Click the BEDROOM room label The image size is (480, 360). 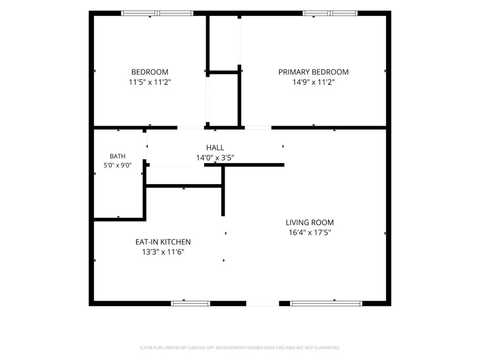tap(150, 72)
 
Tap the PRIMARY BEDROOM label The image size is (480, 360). tap(313, 72)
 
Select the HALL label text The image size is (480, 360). tap(215, 148)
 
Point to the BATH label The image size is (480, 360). tap(118, 156)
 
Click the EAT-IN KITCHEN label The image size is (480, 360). tap(163, 242)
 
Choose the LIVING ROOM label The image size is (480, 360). tap(310, 222)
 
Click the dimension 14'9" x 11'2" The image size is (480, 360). tap(313, 82)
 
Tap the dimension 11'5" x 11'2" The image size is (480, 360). tap(150, 82)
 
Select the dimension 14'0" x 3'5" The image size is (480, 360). tap(215, 158)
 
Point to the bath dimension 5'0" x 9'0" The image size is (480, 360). tap(118, 165)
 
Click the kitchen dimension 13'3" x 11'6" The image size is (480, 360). tap(163, 252)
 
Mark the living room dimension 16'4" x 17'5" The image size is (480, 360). tap(310, 232)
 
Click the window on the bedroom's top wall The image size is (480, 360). tap(157, 13)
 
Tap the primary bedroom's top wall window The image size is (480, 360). tap(330, 13)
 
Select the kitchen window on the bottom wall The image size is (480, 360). tap(190, 303)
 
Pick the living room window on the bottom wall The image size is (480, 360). tap(326, 303)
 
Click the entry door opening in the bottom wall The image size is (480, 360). tap(263, 303)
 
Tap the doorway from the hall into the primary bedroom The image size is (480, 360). tap(258, 128)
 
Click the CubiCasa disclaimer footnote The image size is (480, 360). tap(240, 348)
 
